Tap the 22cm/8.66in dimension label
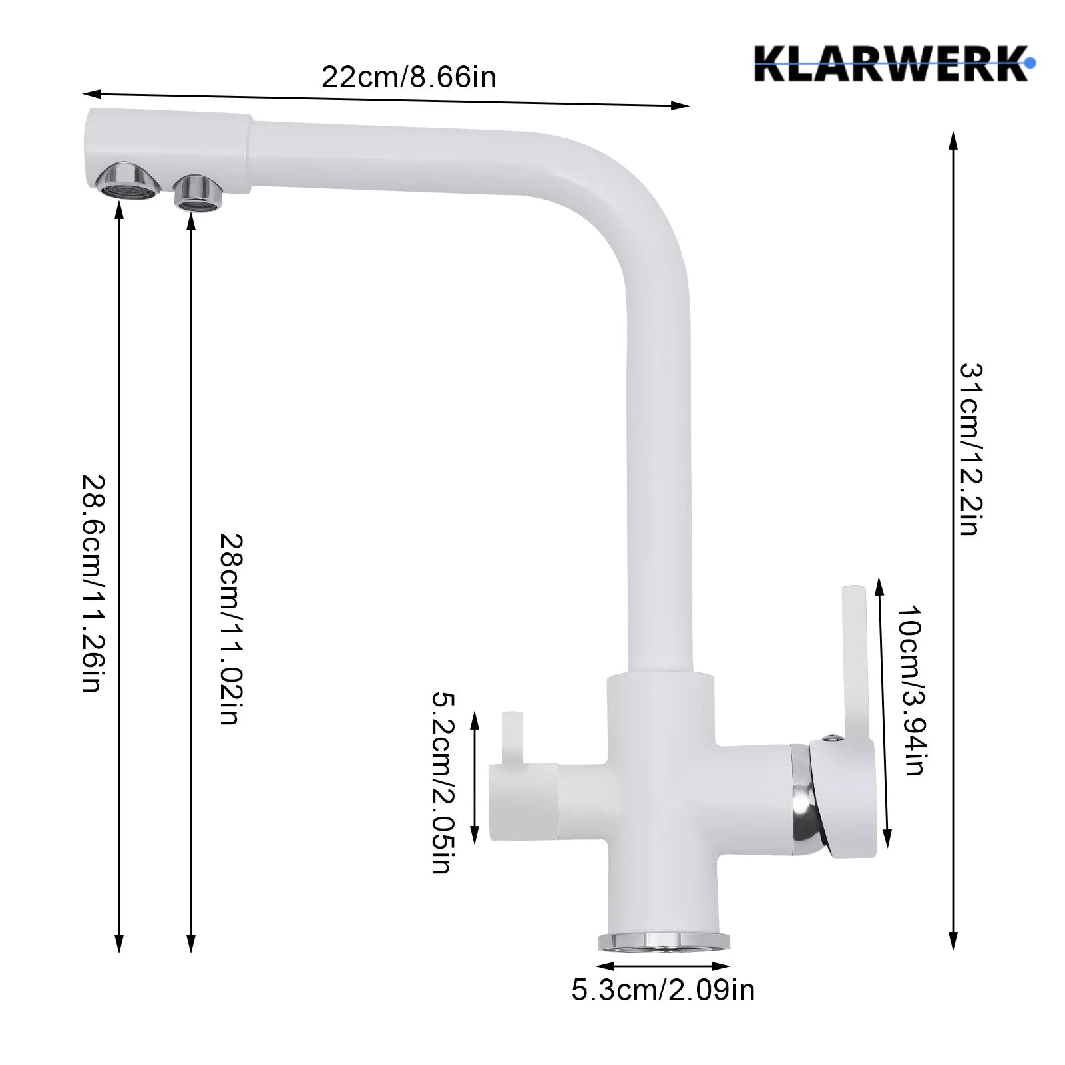(409, 77)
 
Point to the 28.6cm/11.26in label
(91, 582)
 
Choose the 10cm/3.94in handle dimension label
(910, 690)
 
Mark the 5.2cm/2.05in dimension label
(443, 781)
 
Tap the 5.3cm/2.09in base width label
(663, 990)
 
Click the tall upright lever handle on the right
(851, 659)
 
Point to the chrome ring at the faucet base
(664, 940)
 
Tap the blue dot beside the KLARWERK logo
(1031, 63)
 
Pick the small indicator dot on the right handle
(831, 738)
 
